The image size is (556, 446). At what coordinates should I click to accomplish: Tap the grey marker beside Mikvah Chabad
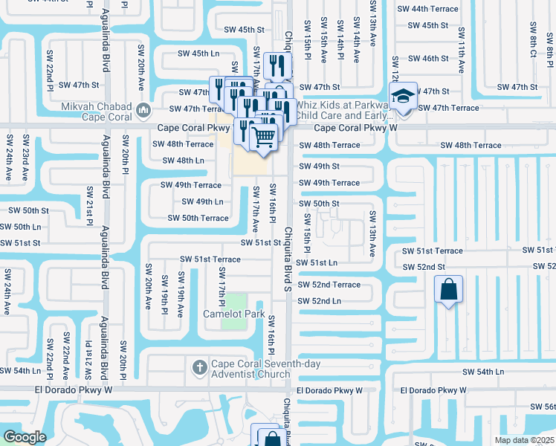(x=143, y=111)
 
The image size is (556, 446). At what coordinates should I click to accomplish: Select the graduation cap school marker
(x=402, y=97)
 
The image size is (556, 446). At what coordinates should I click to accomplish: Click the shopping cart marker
(x=263, y=136)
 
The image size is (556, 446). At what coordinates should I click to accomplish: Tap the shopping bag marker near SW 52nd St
(x=449, y=289)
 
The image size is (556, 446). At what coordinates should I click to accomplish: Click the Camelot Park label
(x=233, y=314)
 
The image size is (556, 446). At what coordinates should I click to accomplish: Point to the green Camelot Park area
(x=234, y=303)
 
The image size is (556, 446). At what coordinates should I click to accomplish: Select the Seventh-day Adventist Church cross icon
(x=198, y=366)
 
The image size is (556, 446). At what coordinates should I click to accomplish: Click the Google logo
(x=25, y=437)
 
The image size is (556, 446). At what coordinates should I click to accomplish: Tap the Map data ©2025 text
(x=524, y=440)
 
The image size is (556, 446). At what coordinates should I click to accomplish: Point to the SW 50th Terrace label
(x=198, y=218)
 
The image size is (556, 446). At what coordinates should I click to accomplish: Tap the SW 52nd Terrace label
(x=329, y=285)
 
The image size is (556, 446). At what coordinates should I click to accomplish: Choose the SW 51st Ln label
(x=316, y=262)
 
